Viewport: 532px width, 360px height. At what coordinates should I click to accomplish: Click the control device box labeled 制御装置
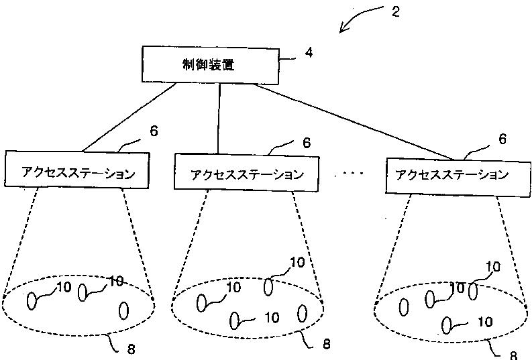tap(211, 65)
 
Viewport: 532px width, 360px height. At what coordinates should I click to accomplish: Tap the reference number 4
tap(309, 53)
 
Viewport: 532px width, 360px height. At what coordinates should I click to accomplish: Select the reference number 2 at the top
tap(396, 12)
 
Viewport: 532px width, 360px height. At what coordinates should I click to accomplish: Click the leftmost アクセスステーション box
tap(77, 170)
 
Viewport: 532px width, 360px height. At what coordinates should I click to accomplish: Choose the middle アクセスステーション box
tap(247, 173)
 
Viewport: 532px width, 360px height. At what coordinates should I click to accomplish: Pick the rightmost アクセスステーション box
tap(458, 176)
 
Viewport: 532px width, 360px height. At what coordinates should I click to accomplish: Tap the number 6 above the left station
tap(154, 131)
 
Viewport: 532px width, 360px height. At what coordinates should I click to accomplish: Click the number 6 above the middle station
tap(307, 143)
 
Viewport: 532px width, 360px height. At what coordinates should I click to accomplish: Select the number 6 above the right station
tap(502, 139)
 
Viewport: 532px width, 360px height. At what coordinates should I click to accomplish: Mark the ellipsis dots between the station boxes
tap(348, 174)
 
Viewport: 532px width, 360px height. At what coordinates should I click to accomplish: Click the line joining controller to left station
tap(129, 117)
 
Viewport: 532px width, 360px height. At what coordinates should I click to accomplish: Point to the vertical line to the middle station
tap(219, 119)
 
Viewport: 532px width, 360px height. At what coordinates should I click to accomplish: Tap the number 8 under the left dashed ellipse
tap(131, 349)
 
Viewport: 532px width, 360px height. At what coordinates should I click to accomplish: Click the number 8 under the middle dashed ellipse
tap(327, 345)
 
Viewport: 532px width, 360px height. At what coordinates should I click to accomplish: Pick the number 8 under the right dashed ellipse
tap(513, 355)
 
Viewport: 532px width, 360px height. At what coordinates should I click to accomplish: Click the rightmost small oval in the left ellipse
tap(123, 310)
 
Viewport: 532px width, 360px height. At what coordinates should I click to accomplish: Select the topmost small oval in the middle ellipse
tap(268, 287)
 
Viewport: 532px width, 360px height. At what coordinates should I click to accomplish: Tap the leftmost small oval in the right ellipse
tap(404, 307)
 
